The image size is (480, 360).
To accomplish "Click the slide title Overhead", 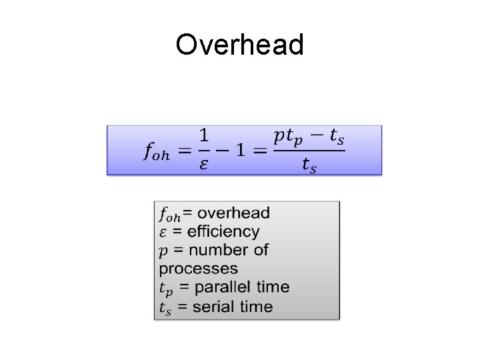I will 239,45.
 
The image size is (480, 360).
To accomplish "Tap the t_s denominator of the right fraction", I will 309,165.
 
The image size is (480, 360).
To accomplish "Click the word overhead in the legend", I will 234,213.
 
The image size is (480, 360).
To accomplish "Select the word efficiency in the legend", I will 223,231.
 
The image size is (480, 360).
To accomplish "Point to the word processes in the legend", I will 198,269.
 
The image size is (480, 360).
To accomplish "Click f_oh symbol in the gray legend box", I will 169,215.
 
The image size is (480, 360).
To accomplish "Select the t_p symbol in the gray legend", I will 165,289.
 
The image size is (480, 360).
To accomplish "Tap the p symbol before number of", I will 163,251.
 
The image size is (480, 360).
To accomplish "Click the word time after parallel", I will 273,287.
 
